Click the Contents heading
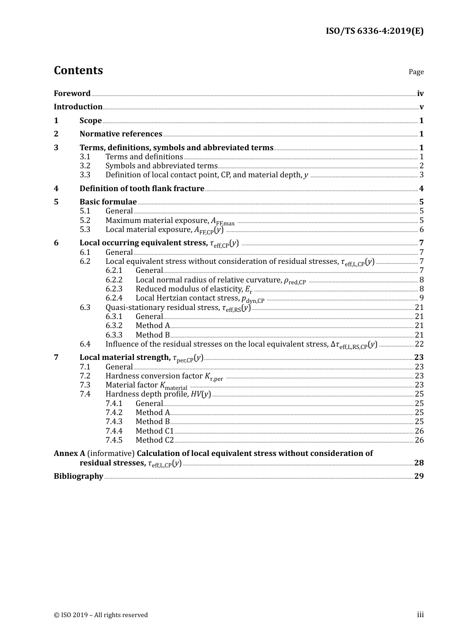[x=78, y=70]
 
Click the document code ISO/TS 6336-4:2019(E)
[x=374, y=31]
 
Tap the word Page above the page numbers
[x=416, y=72]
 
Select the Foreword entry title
[x=72, y=94]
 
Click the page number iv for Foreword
[x=420, y=94]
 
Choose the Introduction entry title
[x=78, y=107]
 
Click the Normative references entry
[x=121, y=134]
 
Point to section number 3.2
[x=85, y=166]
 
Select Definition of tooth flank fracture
[x=142, y=189]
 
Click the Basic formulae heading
[x=108, y=202]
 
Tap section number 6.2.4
[x=114, y=298]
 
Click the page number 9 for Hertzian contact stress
[x=422, y=298]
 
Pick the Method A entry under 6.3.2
[x=153, y=326]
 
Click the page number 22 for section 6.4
[x=419, y=344]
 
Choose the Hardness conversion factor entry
[x=164, y=376]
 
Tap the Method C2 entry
[x=155, y=440]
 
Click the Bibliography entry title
[x=79, y=476]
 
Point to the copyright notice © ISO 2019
[x=101, y=615]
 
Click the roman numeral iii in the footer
[x=420, y=615]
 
